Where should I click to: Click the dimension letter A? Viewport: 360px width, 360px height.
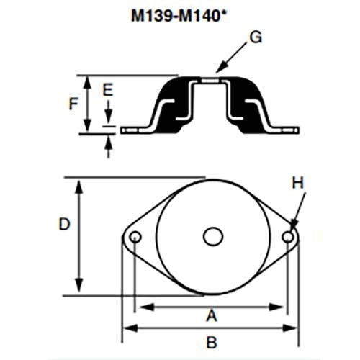click(x=212, y=315)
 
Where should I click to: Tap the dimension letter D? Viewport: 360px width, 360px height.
click(x=63, y=225)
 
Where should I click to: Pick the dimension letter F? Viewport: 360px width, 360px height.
click(x=73, y=103)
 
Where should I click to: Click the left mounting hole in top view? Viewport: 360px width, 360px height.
click(x=135, y=236)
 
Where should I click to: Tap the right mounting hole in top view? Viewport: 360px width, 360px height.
click(x=288, y=236)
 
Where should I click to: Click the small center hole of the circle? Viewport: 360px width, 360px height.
click(x=211, y=236)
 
